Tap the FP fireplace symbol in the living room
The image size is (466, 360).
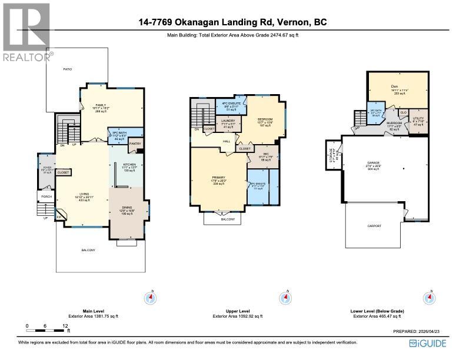coord(59,217)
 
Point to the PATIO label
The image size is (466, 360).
coord(67,70)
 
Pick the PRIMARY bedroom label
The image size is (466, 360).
coord(219,181)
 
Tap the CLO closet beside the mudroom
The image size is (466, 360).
coord(403,112)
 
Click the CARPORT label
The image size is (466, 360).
coord(374,226)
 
